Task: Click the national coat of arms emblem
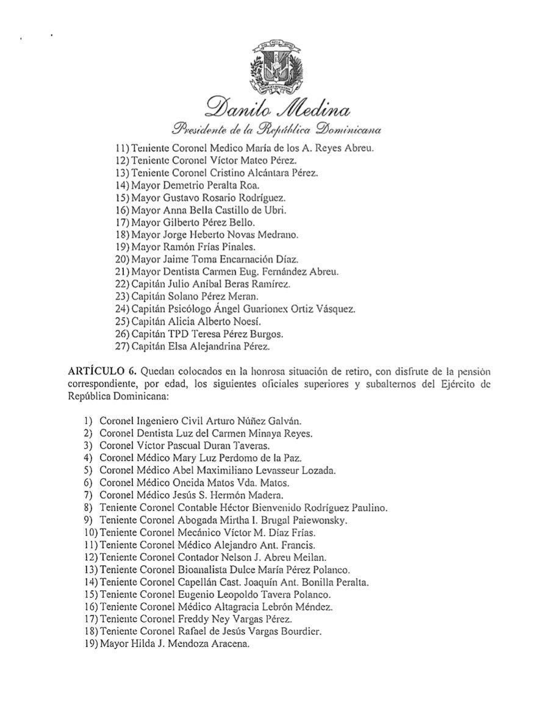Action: click(274, 66)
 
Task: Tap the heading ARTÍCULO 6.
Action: click(98, 371)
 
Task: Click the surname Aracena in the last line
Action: click(228, 644)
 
